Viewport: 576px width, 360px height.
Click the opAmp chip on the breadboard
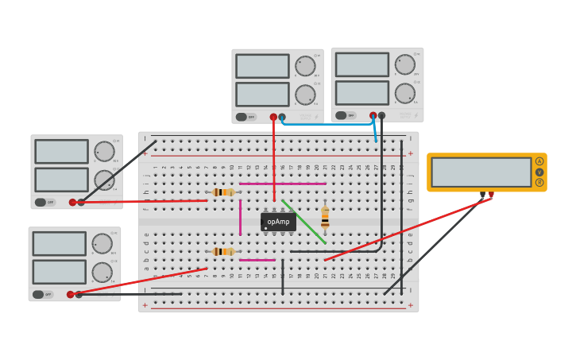(x=278, y=222)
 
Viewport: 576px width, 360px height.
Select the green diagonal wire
(x=304, y=223)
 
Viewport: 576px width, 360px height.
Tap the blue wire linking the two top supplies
(x=326, y=124)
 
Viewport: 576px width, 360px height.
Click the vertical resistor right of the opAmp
(x=325, y=217)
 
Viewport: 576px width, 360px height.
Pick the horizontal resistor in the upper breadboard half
(x=223, y=192)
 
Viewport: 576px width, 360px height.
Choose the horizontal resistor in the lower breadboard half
(x=223, y=251)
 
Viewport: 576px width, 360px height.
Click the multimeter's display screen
(x=481, y=172)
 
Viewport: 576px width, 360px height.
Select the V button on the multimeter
(x=539, y=172)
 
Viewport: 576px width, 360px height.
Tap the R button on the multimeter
(x=539, y=183)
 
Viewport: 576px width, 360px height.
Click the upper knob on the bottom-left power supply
(x=102, y=243)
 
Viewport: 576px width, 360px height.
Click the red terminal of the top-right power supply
(x=373, y=115)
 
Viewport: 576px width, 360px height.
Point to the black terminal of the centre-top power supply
(x=282, y=117)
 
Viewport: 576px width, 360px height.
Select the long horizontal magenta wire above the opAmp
(x=282, y=184)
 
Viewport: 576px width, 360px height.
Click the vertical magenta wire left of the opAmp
(x=240, y=217)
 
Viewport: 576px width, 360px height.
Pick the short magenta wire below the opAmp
(x=257, y=260)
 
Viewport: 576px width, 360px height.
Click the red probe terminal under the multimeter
(x=491, y=195)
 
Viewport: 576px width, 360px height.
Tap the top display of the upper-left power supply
(x=61, y=151)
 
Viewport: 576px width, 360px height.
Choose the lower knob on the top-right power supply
(x=405, y=93)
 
